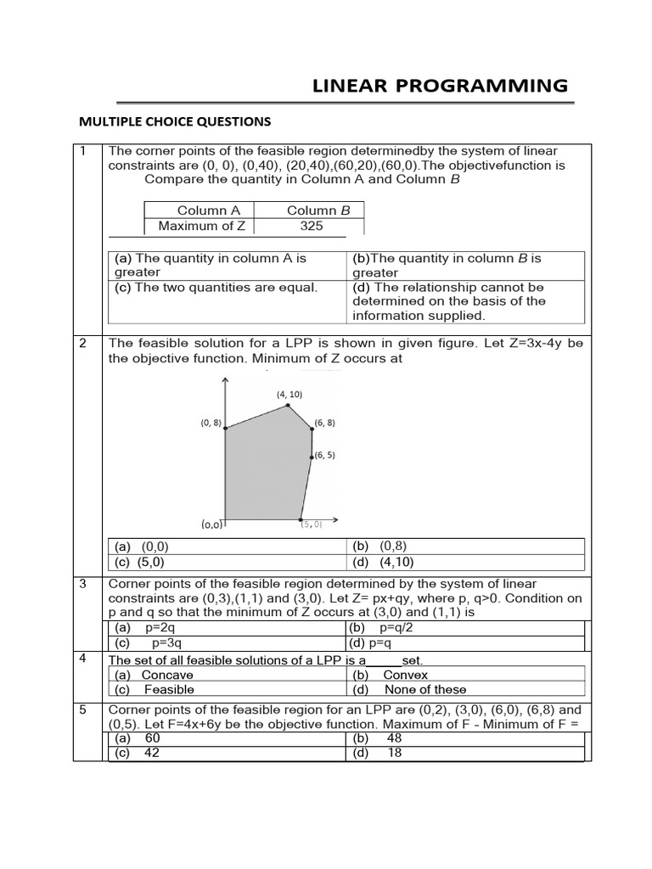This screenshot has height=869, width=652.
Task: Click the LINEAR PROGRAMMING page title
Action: click(441, 85)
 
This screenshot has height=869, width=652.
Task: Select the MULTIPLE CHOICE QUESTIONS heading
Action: click(175, 121)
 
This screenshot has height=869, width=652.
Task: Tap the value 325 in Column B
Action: click(312, 227)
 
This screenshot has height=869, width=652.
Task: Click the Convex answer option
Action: click(405, 675)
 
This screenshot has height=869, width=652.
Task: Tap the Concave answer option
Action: click(167, 675)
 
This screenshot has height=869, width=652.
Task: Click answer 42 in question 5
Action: click(153, 753)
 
